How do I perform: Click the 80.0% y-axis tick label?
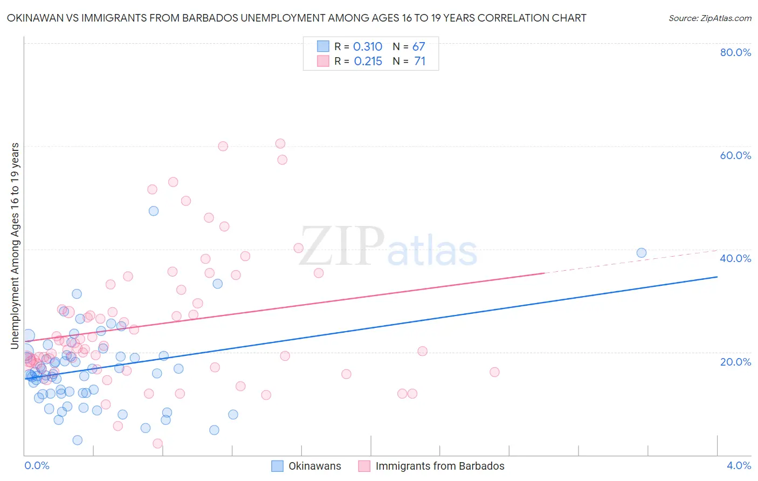[x=735, y=52]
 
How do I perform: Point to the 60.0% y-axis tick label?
[x=735, y=155]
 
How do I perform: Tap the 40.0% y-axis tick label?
[x=735, y=258]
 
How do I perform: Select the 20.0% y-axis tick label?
[x=735, y=361]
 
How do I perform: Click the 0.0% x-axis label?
[x=37, y=465]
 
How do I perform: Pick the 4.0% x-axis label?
[x=739, y=465]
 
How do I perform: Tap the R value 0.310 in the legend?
[x=368, y=47]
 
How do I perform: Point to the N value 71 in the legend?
[x=420, y=61]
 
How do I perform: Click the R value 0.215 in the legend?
[x=368, y=61]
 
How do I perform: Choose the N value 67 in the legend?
[x=419, y=47]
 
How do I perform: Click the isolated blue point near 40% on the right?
[x=641, y=253]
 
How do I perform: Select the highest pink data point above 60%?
[x=280, y=143]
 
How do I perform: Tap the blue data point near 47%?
[x=154, y=211]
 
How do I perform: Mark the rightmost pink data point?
[x=494, y=372]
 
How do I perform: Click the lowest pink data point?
[x=157, y=443]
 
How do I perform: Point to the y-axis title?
[x=15, y=245]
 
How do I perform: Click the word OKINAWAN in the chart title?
[x=33, y=18]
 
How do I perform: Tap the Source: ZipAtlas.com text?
[x=709, y=18]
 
